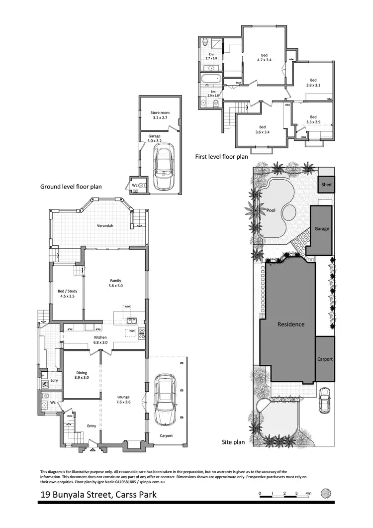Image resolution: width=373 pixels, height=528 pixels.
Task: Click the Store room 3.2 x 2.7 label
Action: point(160,115)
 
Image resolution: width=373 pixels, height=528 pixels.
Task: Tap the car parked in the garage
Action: point(164,168)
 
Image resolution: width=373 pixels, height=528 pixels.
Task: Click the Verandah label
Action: point(105,226)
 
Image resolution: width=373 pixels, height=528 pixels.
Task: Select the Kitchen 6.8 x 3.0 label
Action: point(101,340)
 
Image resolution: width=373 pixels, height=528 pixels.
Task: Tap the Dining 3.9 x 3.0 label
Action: point(82,375)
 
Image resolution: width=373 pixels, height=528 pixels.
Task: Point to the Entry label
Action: point(92,425)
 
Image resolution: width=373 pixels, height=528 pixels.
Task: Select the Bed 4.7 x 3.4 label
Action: point(264,58)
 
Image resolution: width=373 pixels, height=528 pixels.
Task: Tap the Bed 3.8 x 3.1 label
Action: point(313,83)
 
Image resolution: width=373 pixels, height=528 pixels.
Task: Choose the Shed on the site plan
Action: point(326,185)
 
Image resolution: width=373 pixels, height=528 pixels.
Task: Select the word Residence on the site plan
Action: point(291,324)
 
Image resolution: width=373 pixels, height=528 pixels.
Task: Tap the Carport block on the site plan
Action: point(325,359)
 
